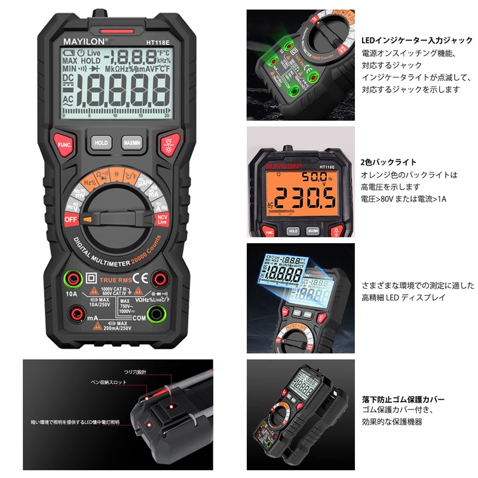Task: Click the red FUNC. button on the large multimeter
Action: [x=65, y=144]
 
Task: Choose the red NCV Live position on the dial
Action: [x=161, y=219]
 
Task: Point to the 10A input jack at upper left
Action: [x=73, y=278]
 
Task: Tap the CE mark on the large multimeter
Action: [x=139, y=278]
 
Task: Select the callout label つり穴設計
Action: [x=134, y=371]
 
